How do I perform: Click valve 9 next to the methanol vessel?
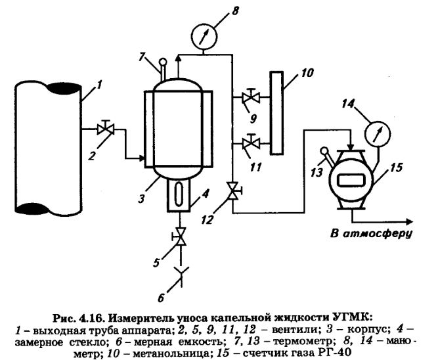(x=250, y=99)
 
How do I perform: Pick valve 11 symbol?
(x=250, y=141)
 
